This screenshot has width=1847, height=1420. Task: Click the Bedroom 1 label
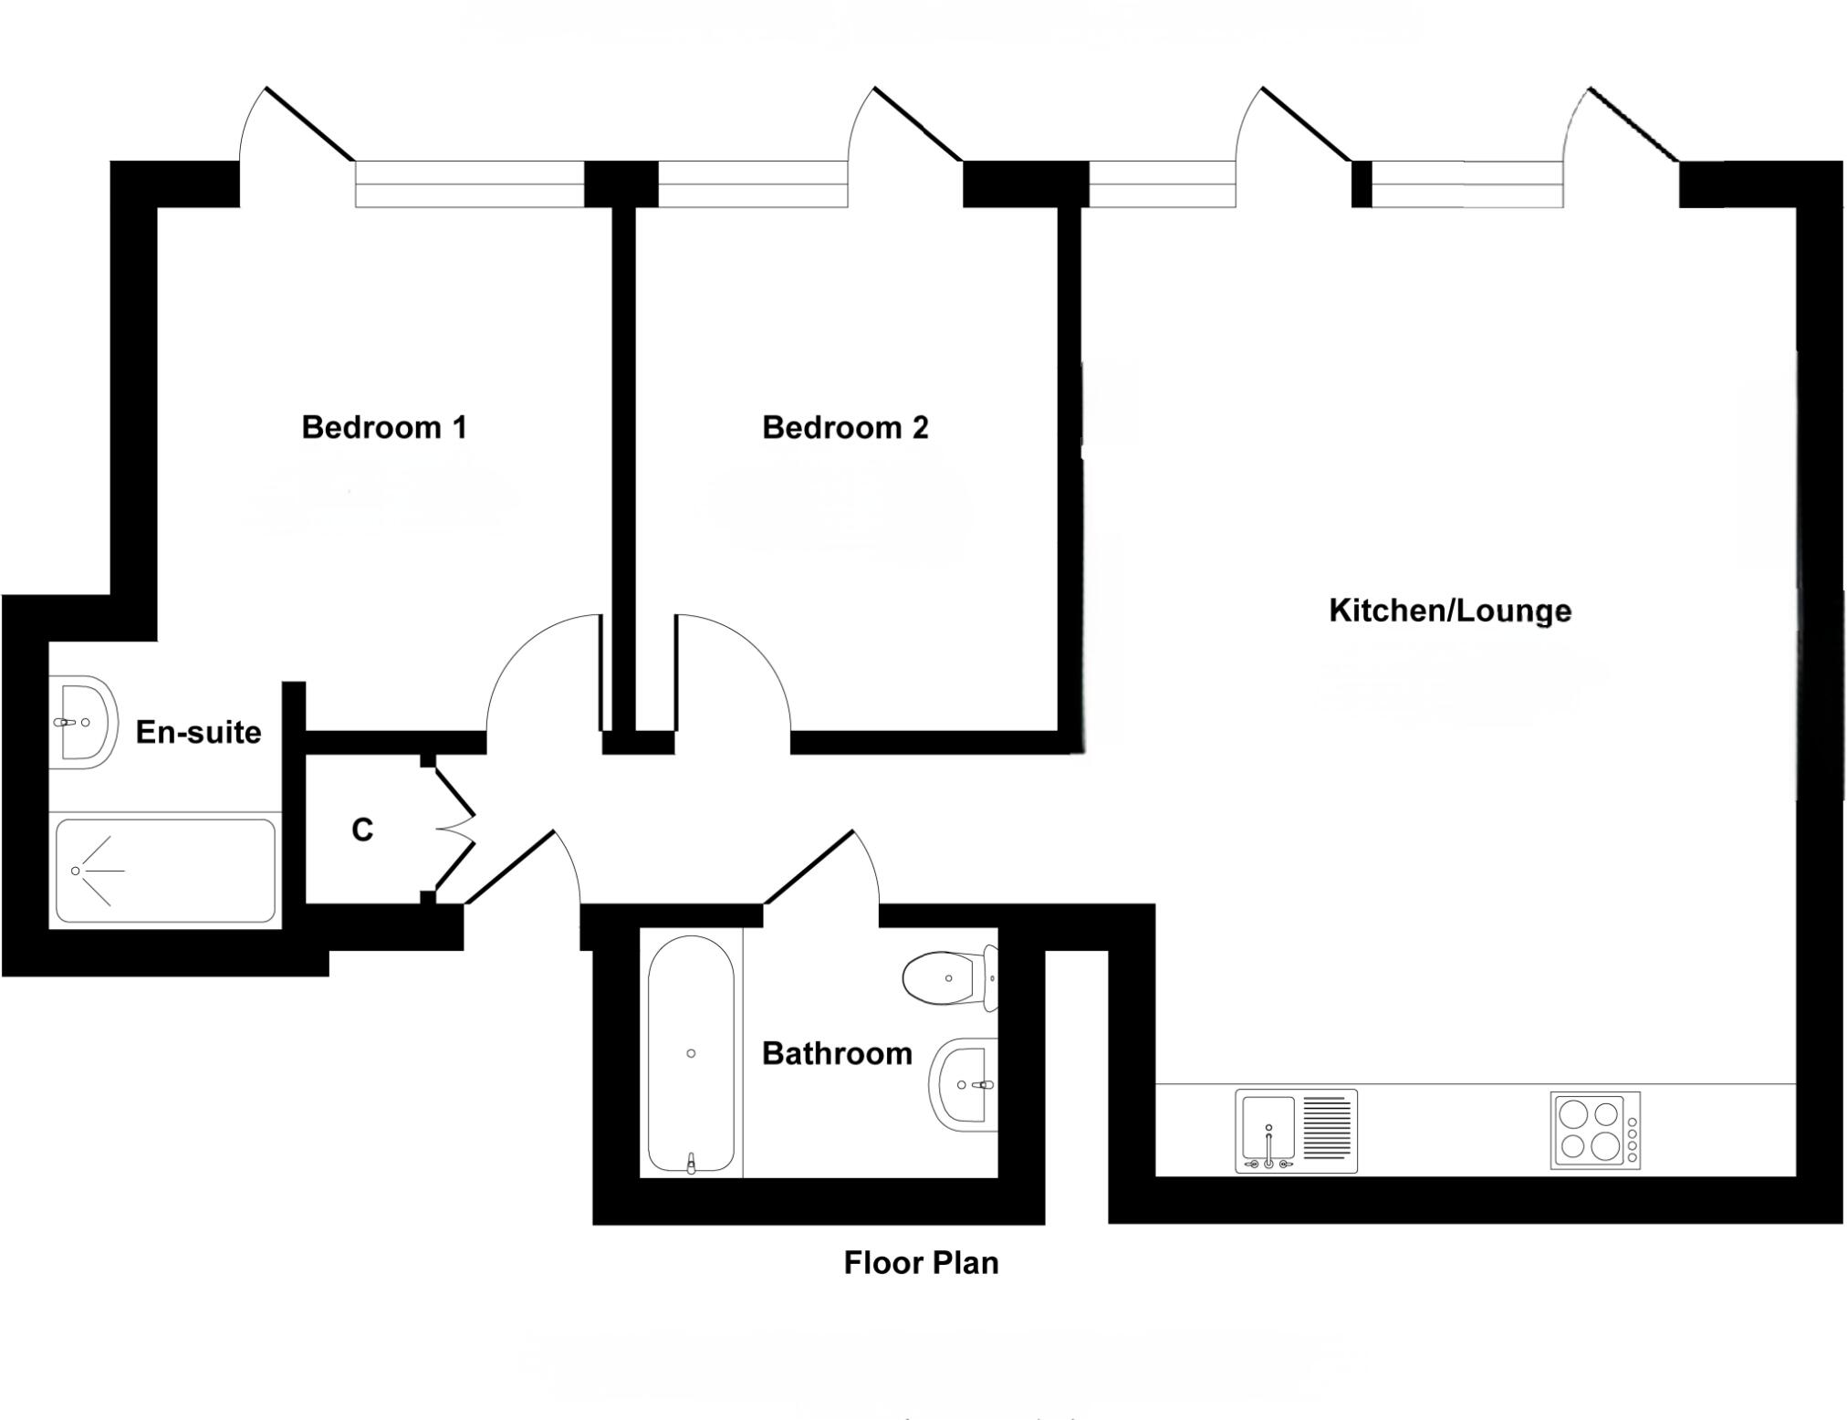384,427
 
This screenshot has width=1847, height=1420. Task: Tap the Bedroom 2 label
845,427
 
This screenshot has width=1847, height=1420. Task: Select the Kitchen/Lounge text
1450,611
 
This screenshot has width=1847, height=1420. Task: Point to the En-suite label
198,732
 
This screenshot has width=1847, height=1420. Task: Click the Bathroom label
837,1054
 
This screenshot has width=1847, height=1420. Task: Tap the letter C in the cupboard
362,830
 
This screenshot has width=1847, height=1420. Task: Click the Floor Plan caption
921,1263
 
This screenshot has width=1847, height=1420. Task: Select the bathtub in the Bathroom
691,1054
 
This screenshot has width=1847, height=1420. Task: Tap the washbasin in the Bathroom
963,1085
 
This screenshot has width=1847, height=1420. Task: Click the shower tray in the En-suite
165,871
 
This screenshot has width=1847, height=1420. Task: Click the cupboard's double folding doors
454,830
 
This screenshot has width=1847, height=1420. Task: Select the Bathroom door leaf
809,866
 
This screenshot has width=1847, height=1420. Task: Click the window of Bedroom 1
469,184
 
